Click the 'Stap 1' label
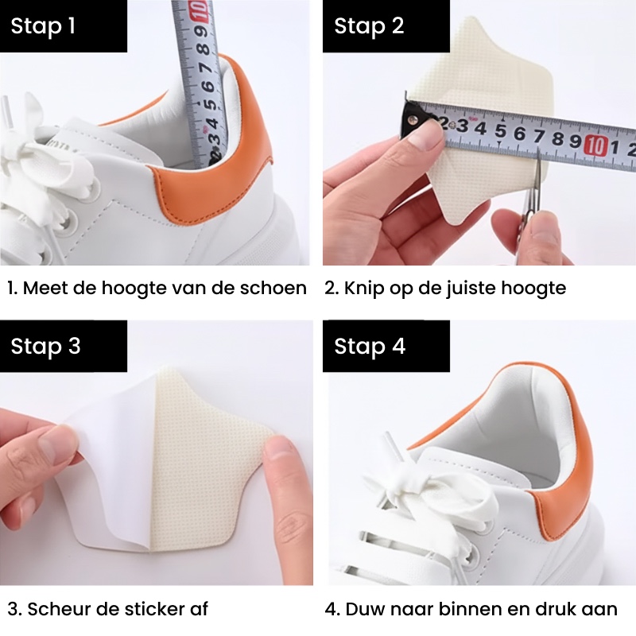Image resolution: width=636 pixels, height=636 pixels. pos(43,26)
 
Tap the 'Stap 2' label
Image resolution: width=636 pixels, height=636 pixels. pos(369,26)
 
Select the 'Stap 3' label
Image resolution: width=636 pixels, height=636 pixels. pos(45,346)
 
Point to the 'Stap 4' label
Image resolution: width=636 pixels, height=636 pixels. pos(370,346)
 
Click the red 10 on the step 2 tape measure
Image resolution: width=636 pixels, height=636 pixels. pos(595,146)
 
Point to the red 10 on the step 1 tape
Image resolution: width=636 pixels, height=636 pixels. pos(201,11)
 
